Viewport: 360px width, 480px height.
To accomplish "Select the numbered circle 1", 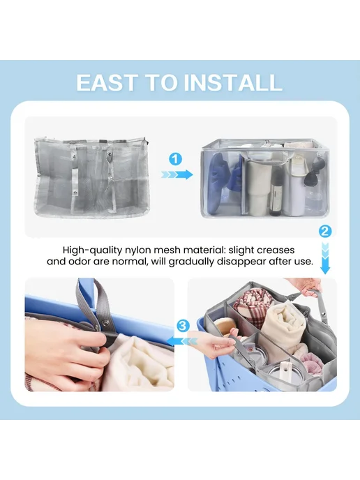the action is (x=175, y=159).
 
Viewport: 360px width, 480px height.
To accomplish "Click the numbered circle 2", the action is (x=325, y=231).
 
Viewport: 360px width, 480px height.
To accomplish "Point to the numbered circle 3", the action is (x=183, y=326).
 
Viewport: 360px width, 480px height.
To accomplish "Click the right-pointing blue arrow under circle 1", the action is (x=177, y=175).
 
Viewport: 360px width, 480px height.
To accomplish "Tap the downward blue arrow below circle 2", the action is (x=325, y=258).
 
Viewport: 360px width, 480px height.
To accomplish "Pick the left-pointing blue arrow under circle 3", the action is (x=183, y=341).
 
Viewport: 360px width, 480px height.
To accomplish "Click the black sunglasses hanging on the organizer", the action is (x=313, y=177).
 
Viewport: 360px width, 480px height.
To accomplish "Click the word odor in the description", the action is (x=81, y=262).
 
